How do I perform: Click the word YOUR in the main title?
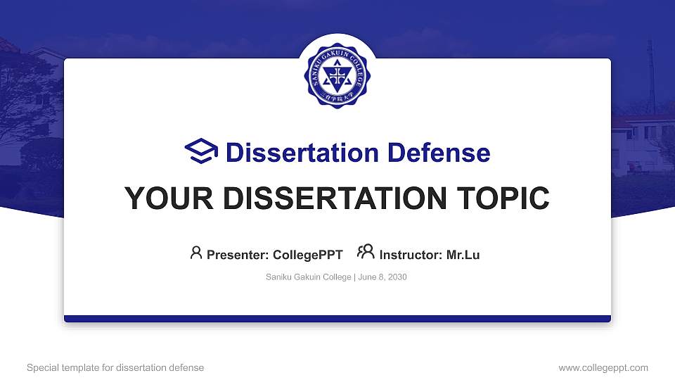coord(161,198)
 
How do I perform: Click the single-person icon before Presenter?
coord(196,253)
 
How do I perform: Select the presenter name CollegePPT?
coord(307,255)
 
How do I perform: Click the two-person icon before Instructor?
coord(366,253)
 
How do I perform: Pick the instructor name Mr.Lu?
coord(463,255)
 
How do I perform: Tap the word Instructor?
coord(411,255)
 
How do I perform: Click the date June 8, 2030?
coord(382,277)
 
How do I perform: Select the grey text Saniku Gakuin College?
coord(308,277)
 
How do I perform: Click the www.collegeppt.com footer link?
coord(603,367)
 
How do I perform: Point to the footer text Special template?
coord(63,367)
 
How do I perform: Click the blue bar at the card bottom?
coord(337,319)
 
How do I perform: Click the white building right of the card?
coord(641,144)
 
